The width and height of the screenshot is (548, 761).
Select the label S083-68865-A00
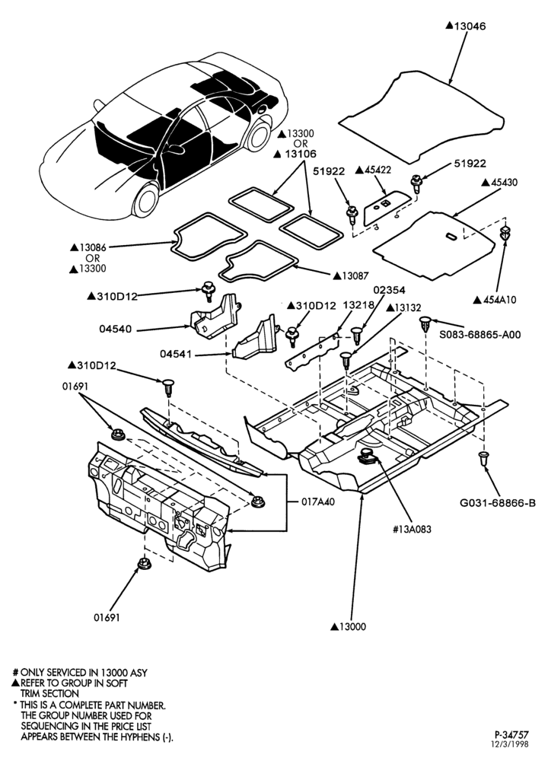pos(480,334)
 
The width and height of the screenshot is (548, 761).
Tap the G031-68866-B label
pos(498,503)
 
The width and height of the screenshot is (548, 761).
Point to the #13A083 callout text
pos(412,529)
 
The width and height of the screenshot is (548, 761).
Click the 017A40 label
pos(318,501)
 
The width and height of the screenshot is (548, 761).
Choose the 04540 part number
pos(115,329)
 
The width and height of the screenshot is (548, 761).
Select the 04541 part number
pos(176,355)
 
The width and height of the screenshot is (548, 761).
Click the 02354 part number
pos(389,290)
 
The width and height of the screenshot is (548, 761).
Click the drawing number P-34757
pos(511,735)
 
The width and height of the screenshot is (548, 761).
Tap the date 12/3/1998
pos(511,744)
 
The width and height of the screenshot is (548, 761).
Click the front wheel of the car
pos(145,200)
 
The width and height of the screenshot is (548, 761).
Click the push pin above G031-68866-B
pos(484,459)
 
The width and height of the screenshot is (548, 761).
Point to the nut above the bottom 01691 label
pos(143,563)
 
